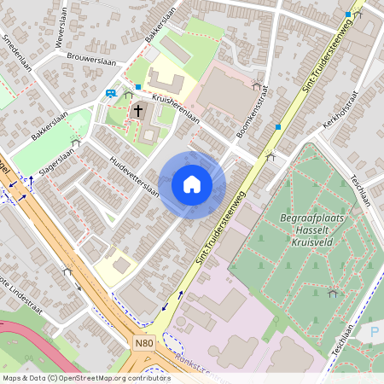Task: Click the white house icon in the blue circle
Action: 192,184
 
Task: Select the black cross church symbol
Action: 138,110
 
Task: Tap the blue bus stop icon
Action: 110,94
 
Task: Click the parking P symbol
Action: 375,331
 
